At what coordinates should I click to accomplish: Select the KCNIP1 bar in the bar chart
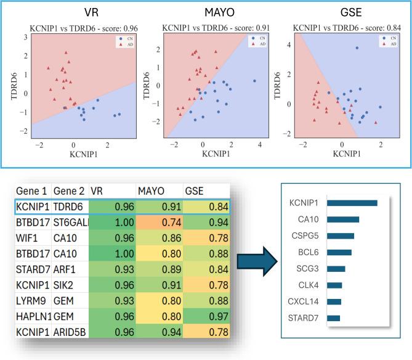click(x=352, y=203)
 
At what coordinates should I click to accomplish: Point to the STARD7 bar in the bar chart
click(x=333, y=317)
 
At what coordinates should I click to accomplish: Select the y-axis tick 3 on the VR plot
click(x=25, y=38)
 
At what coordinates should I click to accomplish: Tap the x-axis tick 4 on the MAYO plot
click(x=259, y=144)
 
